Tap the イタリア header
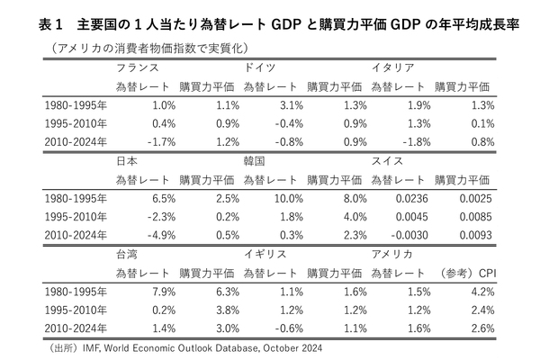tap(393, 67)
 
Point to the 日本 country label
tap(127, 160)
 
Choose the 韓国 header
tap(255, 160)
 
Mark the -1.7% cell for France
tap(156, 142)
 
